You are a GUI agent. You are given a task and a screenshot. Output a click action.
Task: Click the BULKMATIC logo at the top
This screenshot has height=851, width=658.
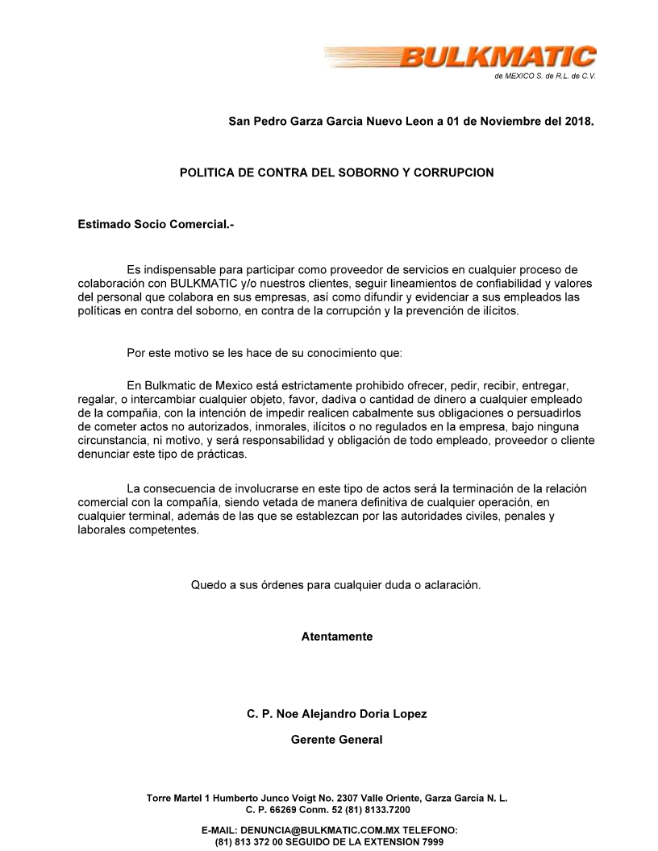coord(500,59)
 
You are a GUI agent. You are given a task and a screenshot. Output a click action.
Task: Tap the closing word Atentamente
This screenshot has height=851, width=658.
coord(336,637)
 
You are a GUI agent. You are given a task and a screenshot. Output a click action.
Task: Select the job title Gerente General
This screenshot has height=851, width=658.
coord(336,740)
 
